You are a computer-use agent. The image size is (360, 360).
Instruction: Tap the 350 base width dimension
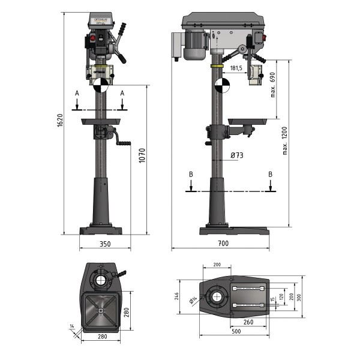click(105, 244)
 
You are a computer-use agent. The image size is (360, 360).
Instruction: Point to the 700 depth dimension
click(223, 244)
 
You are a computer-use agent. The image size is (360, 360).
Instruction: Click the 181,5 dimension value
click(236, 69)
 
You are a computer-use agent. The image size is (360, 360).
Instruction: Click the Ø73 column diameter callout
click(237, 155)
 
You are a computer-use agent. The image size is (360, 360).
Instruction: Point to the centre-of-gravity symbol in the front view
click(100, 85)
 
